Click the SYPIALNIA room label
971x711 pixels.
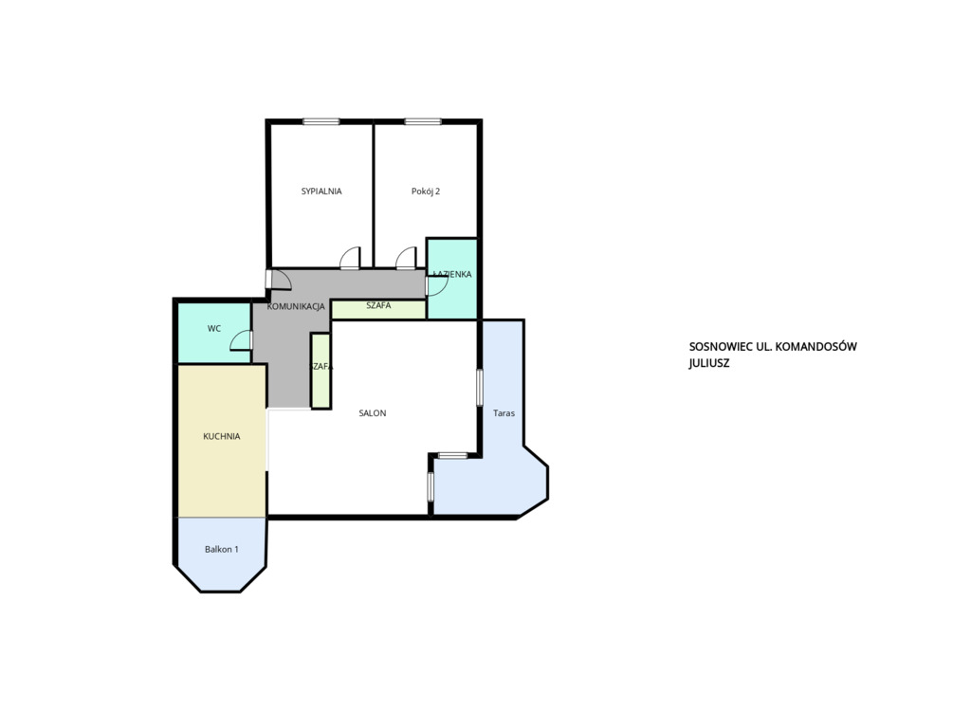(x=321, y=191)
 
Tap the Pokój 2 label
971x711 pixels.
(x=426, y=191)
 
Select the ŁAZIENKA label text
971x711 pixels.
(x=452, y=274)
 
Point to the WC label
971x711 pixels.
(x=214, y=329)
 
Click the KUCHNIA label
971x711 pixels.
(x=222, y=437)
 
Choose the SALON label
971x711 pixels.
(x=373, y=413)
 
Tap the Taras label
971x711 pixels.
(x=504, y=413)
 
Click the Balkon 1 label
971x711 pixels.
(x=222, y=549)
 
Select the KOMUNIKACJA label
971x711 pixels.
(x=296, y=306)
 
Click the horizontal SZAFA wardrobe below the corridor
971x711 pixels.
(x=378, y=309)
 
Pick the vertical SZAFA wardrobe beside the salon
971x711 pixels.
(x=321, y=371)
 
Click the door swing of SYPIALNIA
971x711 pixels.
(x=350, y=258)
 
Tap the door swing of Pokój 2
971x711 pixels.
(x=406, y=258)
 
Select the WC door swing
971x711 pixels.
(x=241, y=340)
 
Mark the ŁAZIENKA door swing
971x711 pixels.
(x=436, y=286)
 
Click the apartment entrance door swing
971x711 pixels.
(x=280, y=279)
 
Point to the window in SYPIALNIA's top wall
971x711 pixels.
(x=321, y=121)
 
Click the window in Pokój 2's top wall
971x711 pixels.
(x=423, y=121)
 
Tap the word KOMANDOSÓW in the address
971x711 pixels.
(x=815, y=347)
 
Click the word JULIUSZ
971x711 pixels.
(x=709, y=363)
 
